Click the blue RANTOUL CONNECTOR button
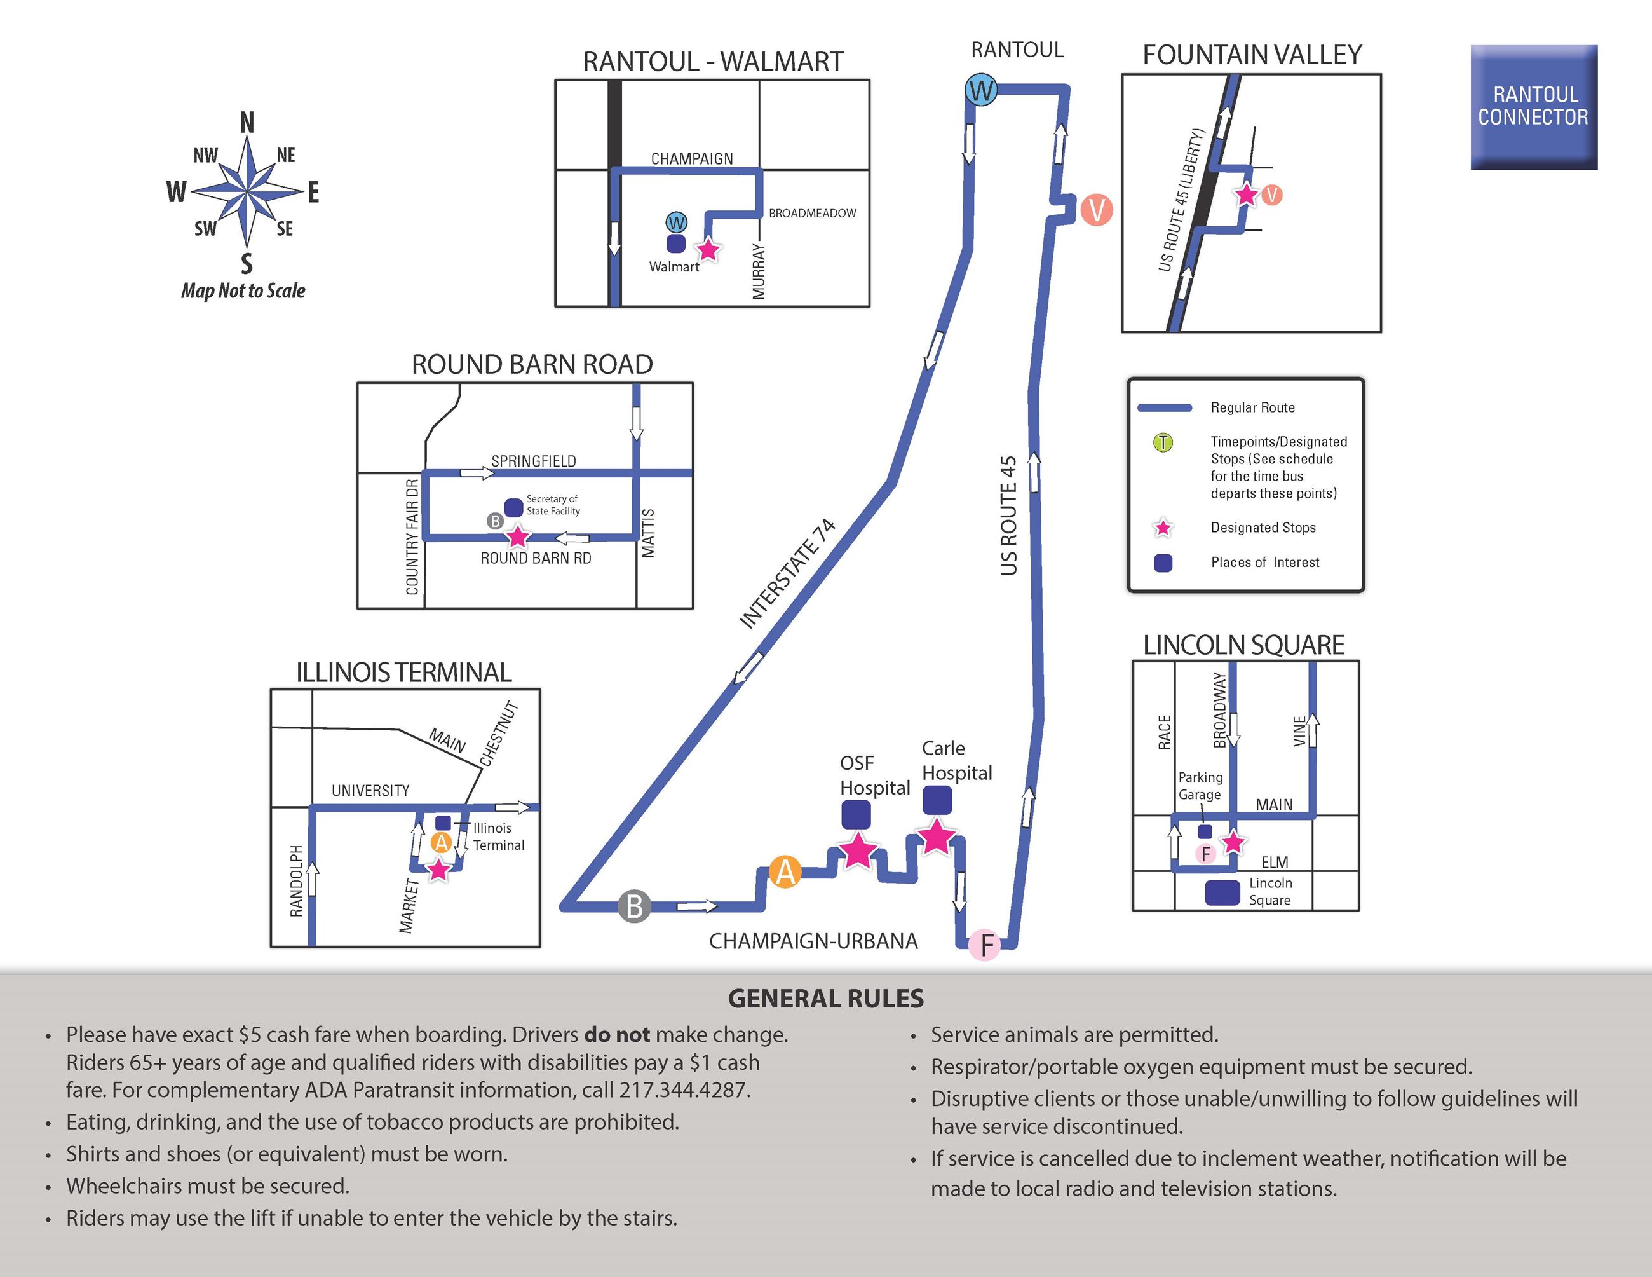(1533, 107)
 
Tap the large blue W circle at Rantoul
(981, 91)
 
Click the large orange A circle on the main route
(785, 872)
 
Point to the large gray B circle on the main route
(635, 906)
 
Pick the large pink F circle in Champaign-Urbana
(985, 944)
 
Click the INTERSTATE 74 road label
(787, 573)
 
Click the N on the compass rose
(247, 123)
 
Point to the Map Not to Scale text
(243, 291)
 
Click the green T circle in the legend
(1163, 442)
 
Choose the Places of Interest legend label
(1264, 562)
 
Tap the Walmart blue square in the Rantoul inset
(675, 243)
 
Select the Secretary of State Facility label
(553, 505)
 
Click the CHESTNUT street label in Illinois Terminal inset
(499, 733)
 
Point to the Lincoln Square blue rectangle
(1222, 892)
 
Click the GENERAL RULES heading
(825, 999)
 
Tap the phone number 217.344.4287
(684, 1090)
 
